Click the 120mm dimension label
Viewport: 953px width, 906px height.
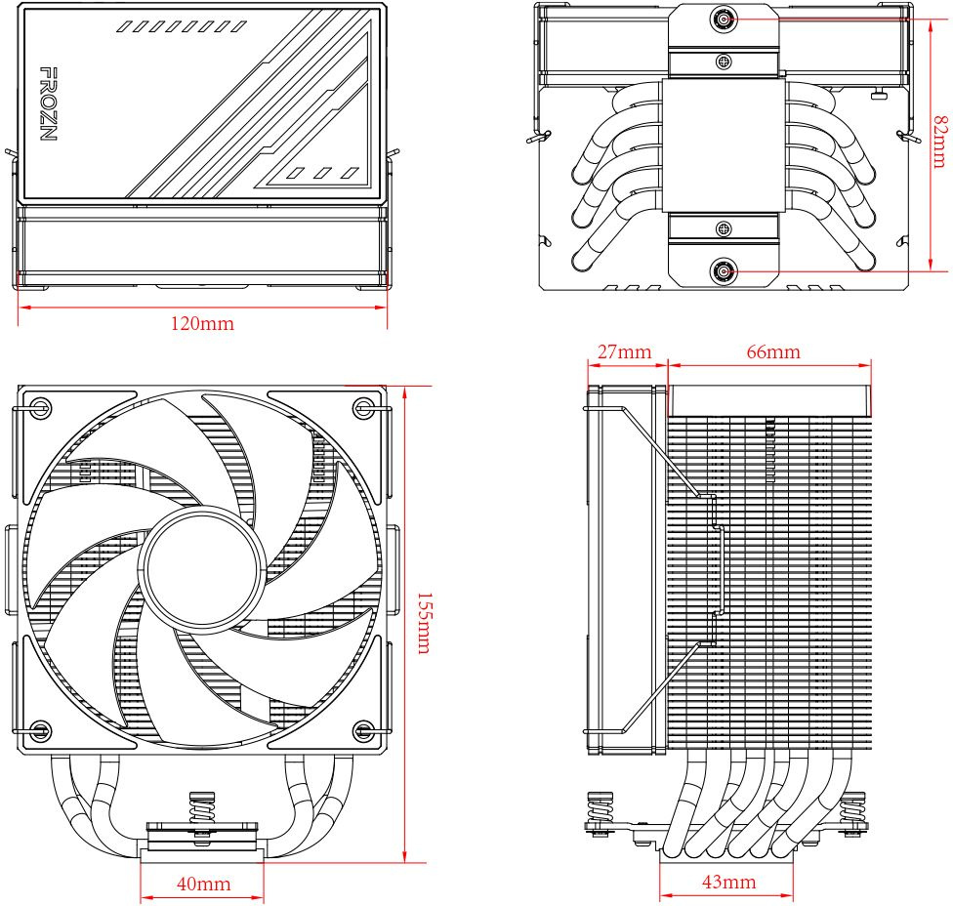tap(203, 323)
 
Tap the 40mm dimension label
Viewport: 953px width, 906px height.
tap(203, 884)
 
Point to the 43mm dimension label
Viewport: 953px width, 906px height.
tap(728, 882)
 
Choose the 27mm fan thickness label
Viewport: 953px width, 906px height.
tap(625, 351)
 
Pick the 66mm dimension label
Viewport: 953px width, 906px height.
tap(772, 351)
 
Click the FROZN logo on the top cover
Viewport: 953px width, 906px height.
tap(46, 104)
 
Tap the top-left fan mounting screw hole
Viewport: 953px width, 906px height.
tap(40, 406)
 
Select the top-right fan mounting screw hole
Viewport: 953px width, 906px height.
tap(363, 406)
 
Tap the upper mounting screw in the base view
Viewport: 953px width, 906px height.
tap(724, 19)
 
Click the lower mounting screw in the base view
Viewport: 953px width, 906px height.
tap(724, 272)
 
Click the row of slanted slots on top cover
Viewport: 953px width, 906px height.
tap(181, 26)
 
